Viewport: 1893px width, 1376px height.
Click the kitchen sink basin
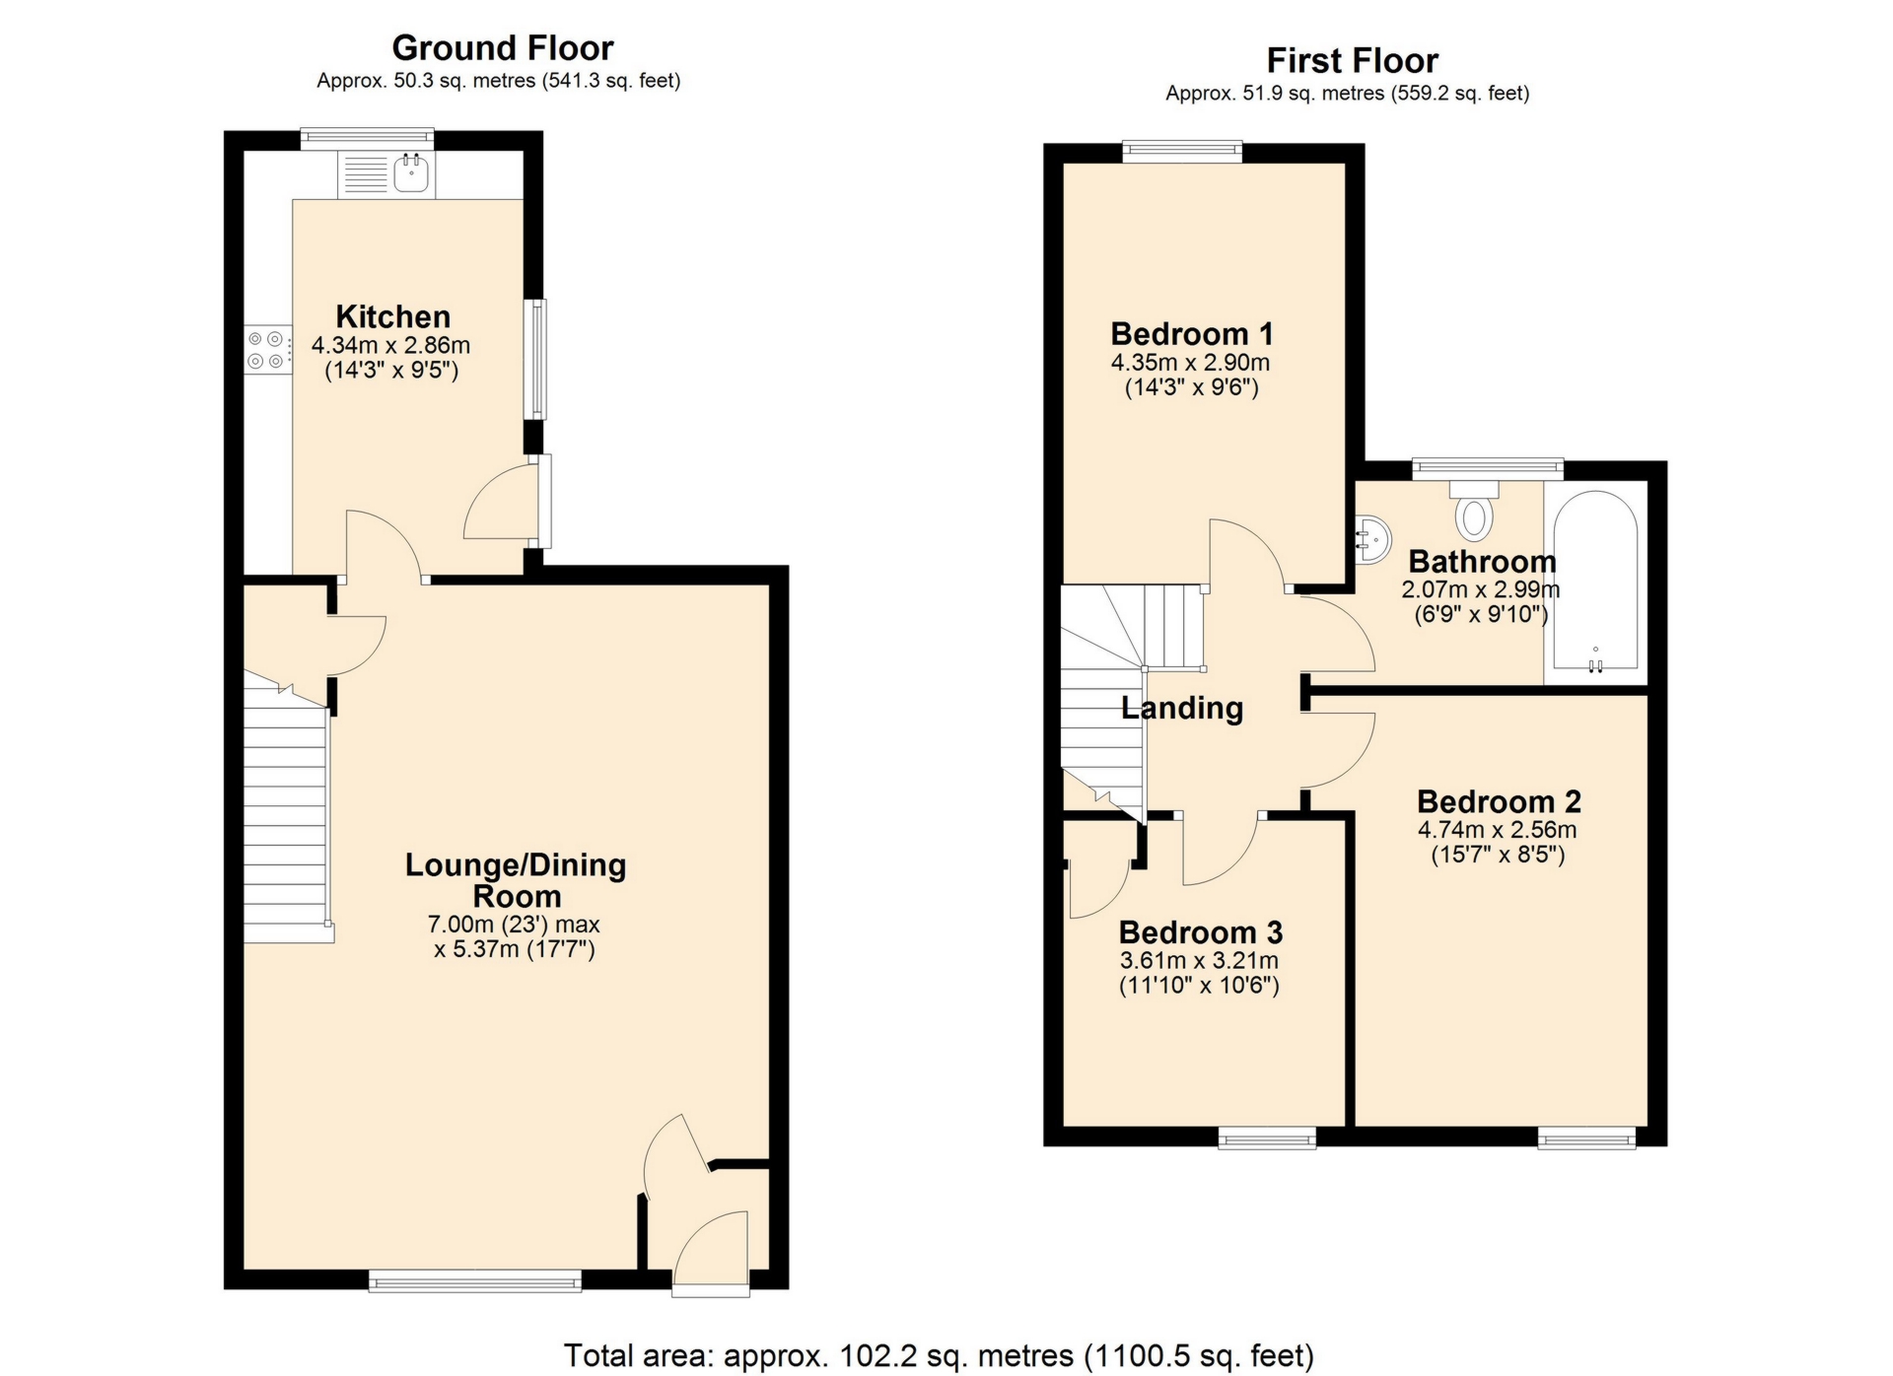[410, 174]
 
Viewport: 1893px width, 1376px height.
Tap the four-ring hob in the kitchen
[268, 350]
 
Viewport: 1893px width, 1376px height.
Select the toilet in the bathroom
[1473, 514]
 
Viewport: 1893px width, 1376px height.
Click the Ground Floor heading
[502, 47]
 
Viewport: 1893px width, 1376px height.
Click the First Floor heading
[1352, 61]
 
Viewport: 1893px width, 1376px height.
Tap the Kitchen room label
[392, 316]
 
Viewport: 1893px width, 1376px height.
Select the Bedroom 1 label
[1191, 333]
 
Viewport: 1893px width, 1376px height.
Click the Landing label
[1182, 708]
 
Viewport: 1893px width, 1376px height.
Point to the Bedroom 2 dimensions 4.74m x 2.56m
[1497, 830]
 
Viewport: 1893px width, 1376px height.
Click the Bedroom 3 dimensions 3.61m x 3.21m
[1199, 960]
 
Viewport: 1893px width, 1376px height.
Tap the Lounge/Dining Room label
[516, 880]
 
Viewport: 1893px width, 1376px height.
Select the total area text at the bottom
[938, 1355]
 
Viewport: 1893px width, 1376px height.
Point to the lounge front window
[475, 1280]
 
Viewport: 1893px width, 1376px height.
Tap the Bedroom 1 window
[1182, 151]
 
